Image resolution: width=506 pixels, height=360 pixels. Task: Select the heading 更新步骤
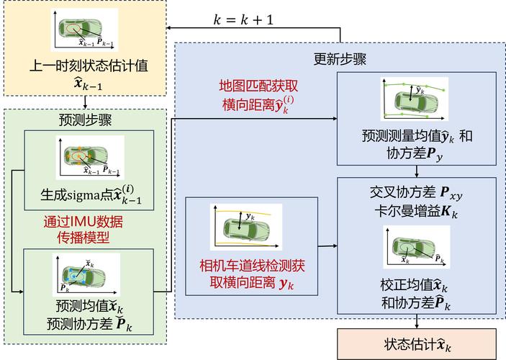coord(340,58)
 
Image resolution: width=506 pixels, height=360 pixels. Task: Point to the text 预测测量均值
coord(407,135)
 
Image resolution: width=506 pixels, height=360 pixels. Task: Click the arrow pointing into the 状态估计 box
coord(417,322)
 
